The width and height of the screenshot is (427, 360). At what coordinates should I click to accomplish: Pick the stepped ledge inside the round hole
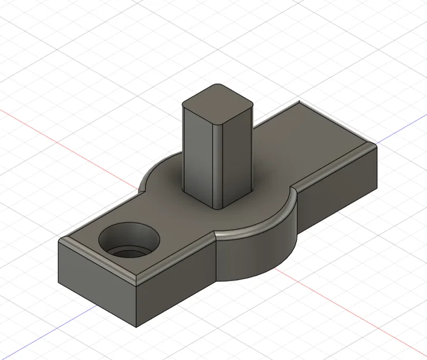pos(131,253)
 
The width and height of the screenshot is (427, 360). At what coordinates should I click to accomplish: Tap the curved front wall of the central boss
pos(256,253)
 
